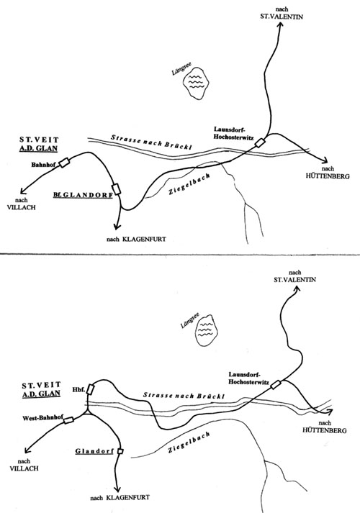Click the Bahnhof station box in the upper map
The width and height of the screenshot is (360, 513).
point(64,163)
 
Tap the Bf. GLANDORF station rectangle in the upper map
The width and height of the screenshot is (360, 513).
point(116,189)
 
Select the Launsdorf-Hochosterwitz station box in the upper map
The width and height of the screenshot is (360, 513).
point(260,143)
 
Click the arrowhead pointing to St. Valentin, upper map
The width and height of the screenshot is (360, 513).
point(280,27)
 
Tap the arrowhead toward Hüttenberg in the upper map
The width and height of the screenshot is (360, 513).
point(324,160)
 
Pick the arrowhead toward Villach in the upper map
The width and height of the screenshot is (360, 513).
point(23,191)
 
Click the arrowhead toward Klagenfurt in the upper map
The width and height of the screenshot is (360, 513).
point(116,226)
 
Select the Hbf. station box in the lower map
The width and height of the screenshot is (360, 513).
point(91,390)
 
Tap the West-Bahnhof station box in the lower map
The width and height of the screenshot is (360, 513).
point(68,420)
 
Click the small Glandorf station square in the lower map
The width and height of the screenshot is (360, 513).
point(120,451)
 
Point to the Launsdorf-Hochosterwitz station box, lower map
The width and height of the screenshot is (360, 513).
point(276,385)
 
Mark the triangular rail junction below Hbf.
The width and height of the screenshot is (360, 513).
point(88,412)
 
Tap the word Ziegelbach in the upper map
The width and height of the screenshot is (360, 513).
point(189,184)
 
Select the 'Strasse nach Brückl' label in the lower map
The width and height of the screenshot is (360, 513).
point(184,396)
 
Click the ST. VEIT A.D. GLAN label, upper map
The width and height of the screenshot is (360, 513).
point(38,145)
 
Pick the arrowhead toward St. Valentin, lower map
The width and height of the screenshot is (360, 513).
point(296,289)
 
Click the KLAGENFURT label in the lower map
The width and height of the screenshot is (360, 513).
point(127,498)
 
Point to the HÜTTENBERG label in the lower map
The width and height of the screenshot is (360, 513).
point(324,430)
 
